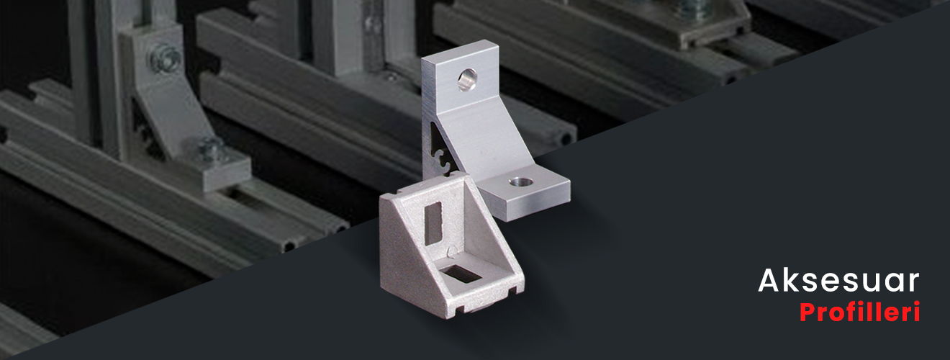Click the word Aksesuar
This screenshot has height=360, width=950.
tap(838, 280)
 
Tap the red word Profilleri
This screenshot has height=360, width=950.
tap(859, 312)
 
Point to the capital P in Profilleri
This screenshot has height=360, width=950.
tap(808, 312)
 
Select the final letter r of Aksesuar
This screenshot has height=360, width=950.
tap(913, 283)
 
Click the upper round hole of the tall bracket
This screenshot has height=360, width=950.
tap(467, 80)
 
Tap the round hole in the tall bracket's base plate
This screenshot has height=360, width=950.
tap(521, 181)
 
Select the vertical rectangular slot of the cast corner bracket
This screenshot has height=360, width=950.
tap(433, 223)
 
